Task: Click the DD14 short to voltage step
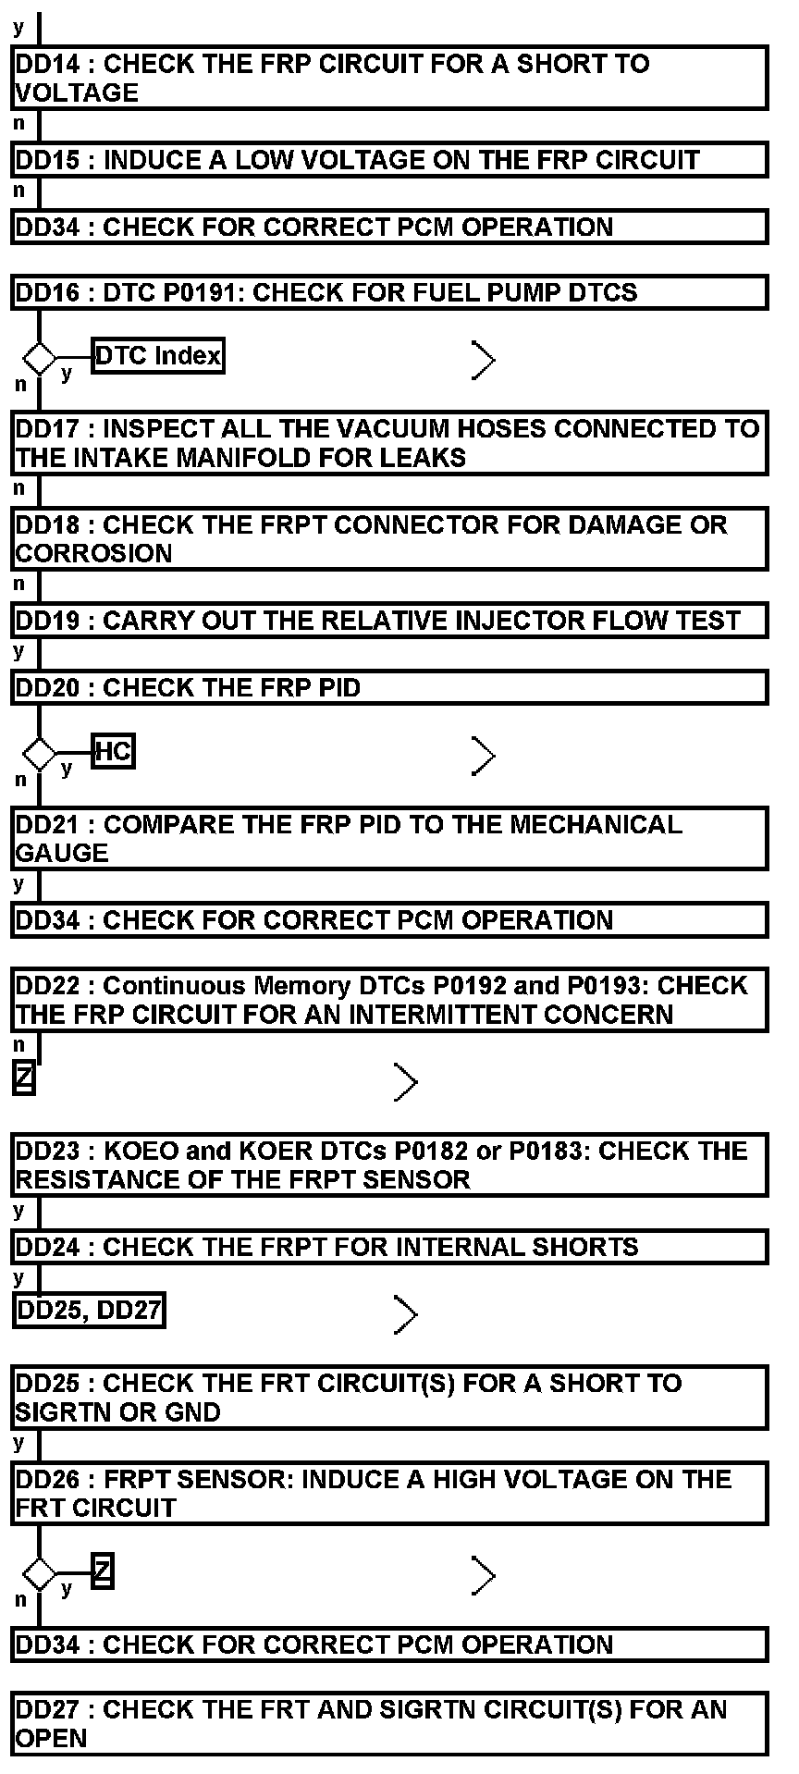pos(389,79)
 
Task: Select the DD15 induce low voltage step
pos(389,160)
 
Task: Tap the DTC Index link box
pos(158,356)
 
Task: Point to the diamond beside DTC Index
pos(39,357)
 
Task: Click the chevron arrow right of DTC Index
pos(484,360)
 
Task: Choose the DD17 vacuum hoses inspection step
pos(389,443)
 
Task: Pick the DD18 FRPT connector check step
pos(389,538)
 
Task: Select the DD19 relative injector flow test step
pos(389,620)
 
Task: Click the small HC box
pos(114,752)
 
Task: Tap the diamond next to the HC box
pos(39,754)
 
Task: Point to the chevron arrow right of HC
pos(484,756)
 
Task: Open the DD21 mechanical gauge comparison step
pos(389,839)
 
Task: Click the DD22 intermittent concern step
pos(389,1000)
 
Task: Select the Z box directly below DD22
pos(24,1078)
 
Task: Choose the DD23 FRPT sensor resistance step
pos(389,1165)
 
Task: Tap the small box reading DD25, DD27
pos(90,1310)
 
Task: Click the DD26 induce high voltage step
pos(389,1493)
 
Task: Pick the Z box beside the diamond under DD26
pos(103,1570)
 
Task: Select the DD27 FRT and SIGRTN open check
pos(389,1724)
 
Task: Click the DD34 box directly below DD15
pos(389,228)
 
